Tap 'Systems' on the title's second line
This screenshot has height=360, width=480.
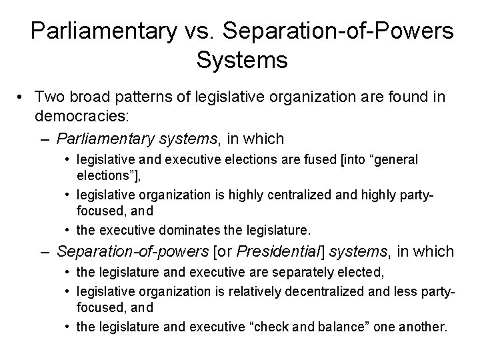point(242,60)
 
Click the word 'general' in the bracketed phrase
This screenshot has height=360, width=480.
point(397,161)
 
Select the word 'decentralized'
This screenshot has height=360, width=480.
point(297,291)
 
